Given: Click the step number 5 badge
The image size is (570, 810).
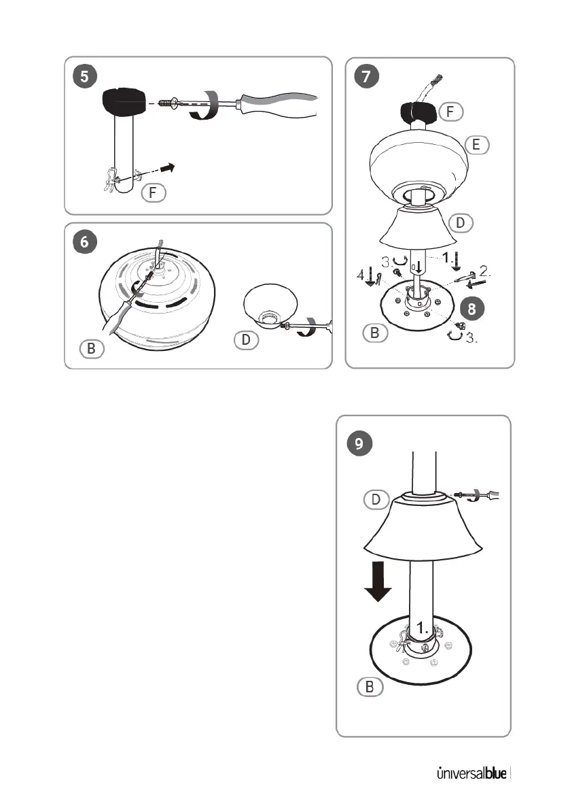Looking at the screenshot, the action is pyautogui.click(x=84, y=77).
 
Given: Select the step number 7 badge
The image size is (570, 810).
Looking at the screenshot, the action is pyautogui.click(x=366, y=77).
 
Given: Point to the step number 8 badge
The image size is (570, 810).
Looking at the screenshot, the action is pyautogui.click(x=470, y=308).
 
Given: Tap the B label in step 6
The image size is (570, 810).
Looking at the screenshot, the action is pyautogui.click(x=90, y=350).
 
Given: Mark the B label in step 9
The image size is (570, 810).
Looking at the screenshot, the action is pyautogui.click(x=370, y=688).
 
